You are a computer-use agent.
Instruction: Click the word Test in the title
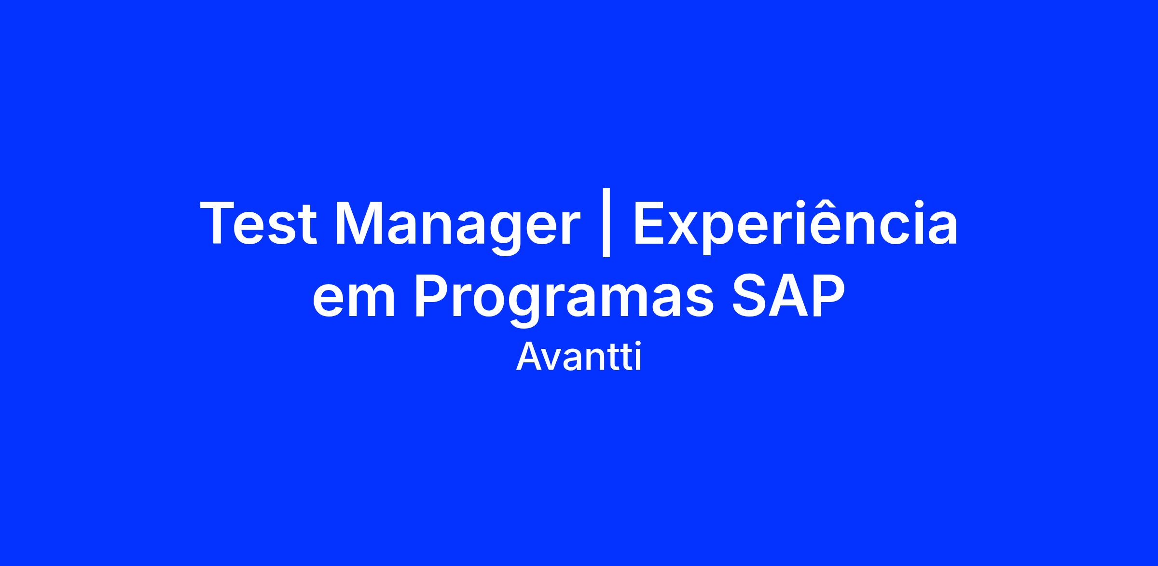pyautogui.click(x=258, y=223)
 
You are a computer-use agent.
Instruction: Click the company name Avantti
pyautogui.click(x=579, y=358)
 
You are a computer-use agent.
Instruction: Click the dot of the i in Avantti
pyautogui.click(x=638, y=345)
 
